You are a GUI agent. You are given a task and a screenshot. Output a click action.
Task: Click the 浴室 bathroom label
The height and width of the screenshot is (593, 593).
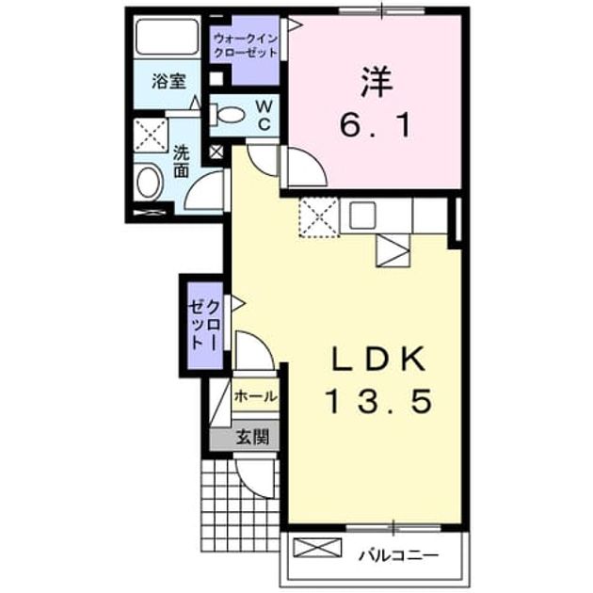tap(168, 81)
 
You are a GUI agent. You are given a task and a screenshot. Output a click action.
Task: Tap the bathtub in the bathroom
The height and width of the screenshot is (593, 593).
tap(168, 37)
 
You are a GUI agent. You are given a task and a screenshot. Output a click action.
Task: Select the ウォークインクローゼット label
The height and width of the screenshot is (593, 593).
tap(246, 45)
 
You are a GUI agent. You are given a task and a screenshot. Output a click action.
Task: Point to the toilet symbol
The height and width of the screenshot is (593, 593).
tap(226, 115)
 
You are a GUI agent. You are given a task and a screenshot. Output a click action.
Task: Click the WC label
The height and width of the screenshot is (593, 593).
tap(264, 116)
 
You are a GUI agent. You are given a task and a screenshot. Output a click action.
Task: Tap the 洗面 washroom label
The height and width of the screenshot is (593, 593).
tap(181, 162)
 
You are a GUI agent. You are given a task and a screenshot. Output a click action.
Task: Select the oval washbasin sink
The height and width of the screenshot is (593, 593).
tap(149, 183)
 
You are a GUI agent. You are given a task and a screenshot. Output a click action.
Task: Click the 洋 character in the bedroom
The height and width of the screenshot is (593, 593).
tap(377, 82)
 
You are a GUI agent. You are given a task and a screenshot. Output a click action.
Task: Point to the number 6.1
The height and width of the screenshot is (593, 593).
tap(376, 125)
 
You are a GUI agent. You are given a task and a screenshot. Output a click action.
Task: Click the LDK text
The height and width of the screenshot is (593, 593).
tap(378, 360)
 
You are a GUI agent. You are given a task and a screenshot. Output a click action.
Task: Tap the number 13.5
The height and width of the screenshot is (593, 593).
tap(378, 401)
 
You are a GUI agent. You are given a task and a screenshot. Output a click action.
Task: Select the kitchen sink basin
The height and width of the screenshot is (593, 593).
tap(362, 216)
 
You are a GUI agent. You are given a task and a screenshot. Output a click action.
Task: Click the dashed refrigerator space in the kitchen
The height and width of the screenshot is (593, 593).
tap(319, 217)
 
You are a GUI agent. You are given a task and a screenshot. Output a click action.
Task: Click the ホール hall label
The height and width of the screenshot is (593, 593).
tap(256, 396)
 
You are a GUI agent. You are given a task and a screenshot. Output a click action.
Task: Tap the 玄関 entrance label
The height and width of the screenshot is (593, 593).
tap(253, 437)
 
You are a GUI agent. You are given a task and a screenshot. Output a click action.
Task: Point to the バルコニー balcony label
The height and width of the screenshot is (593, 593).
tap(399, 555)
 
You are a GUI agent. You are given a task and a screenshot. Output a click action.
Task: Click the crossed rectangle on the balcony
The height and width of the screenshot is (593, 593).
tap(317, 548)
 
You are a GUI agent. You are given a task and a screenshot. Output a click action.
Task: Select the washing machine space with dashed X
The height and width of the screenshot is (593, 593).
tap(151, 135)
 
